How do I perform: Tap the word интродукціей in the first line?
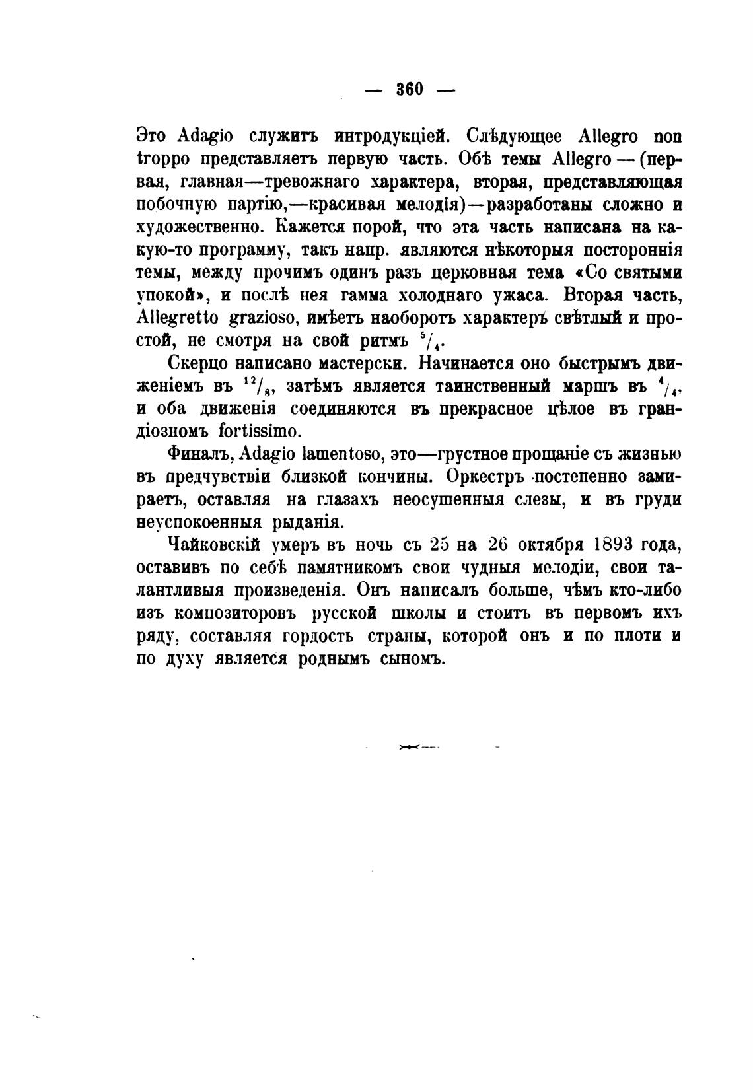pyautogui.click(x=384, y=137)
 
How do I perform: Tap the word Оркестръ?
pyautogui.click(x=487, y=477)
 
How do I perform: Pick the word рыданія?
pyautogui.click(x=308, y=522)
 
